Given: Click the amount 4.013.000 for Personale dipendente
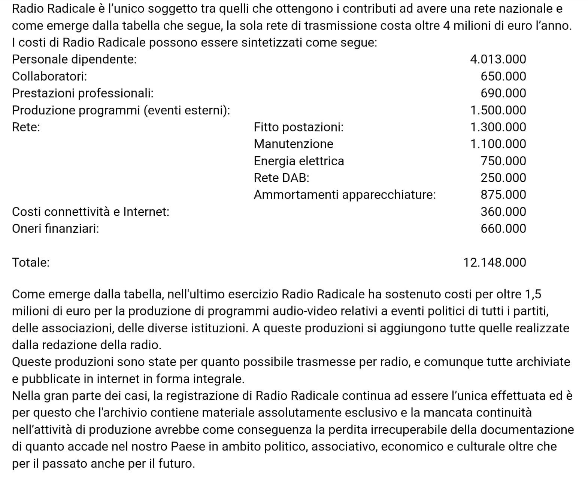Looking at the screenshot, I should point(498,59).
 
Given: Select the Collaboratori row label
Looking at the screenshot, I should point(49,76).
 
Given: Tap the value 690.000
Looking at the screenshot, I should point(503,93).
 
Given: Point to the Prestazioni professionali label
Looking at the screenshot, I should point(82,93).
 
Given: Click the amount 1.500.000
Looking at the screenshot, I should point(498,110).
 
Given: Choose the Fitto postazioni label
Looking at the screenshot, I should point(298,127).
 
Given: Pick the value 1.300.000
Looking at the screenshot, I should point(498,127).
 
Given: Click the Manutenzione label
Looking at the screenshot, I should point(293,144).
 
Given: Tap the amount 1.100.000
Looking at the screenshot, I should point(498,144).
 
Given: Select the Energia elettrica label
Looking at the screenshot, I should point(298,161).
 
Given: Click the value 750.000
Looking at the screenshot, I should point(503,161).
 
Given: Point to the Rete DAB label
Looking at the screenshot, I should point(281,178).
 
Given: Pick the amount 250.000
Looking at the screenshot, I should point(503,178).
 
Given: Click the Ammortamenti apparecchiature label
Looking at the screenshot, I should point(345,195).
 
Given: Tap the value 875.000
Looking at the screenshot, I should point(503,195).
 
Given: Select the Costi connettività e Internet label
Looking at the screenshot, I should point(91,212).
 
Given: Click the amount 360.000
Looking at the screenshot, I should point(503,212).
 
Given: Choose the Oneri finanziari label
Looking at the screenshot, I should point(55,228).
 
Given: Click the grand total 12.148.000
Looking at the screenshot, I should point(494,262).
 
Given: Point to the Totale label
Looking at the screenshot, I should point(31,262).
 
